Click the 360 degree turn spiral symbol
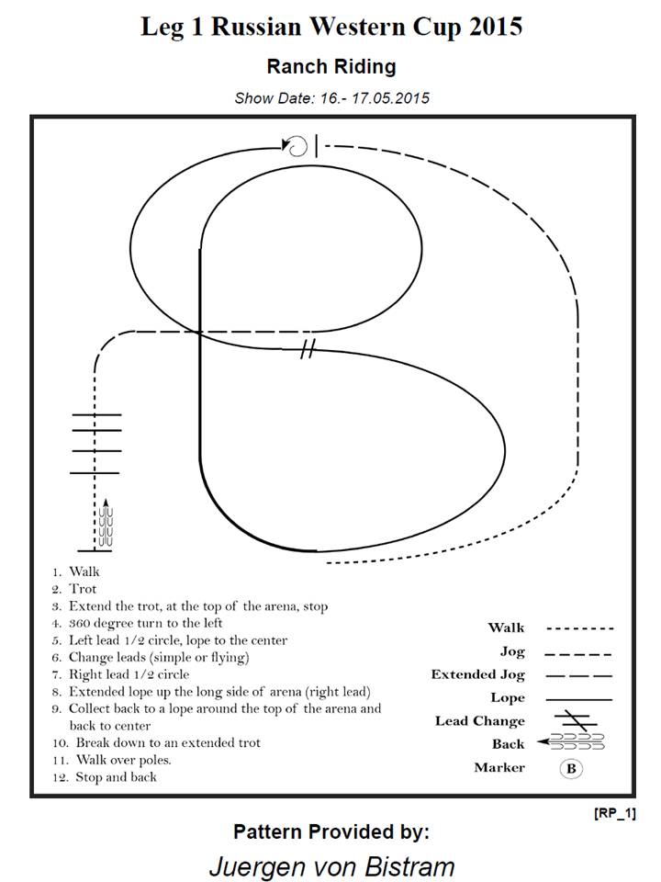coord(297,146)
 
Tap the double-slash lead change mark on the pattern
coord(308,349)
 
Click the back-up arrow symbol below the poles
coord(105,522)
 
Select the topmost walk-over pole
coord(96,415)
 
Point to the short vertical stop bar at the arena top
coord(317,146)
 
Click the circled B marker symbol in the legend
coord(571,768)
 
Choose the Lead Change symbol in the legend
coord(576,720)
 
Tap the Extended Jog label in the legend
coord(477,674)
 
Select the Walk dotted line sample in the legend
coord(579,628)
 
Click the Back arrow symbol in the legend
coord(570,742)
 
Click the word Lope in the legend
coord(508,698)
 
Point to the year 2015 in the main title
coord(495,27)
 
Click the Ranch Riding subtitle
coord(331,66)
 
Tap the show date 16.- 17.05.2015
coord(375,98)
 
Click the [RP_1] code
coord(615,813)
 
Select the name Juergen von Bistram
coord(331,866)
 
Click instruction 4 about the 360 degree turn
coord(138,623)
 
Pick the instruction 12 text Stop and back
coord(105,777)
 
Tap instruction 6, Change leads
coord(151,658)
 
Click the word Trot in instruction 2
coord(83,589)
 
